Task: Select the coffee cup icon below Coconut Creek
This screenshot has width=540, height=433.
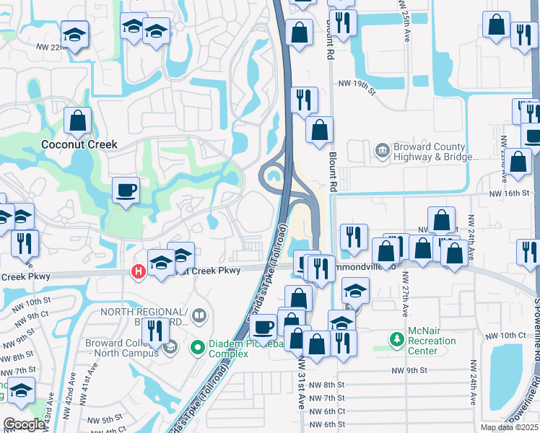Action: pyautogui.click(x=126, y=191)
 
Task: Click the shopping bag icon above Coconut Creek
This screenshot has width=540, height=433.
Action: pyautogui.click(x=77, y=121)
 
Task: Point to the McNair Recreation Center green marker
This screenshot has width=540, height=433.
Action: pyautogui.click(x=396, y=338)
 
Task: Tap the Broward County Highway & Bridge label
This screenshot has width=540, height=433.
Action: pyautogui.click(x=435, y=152)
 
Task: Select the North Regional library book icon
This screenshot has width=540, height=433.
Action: pyautogui.click(x=200, y=315)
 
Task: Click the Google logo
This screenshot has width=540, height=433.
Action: pyautogui.click(x=24, y=424)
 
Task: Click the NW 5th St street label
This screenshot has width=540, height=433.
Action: pyautogui.click(x=102, y=419)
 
